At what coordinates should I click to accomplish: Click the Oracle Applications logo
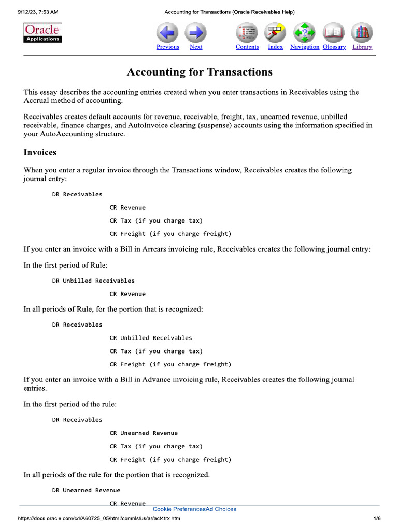tap(43, 33)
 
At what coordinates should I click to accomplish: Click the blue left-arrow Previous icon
tap(167, 33)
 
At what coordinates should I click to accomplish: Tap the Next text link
tap(196, 47)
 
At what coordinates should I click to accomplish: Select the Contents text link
tap(247, 47)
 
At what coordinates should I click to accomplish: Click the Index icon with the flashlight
tap(275, 33)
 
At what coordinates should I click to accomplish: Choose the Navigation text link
tap(305, 47)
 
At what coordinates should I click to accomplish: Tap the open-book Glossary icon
tap(334, 33)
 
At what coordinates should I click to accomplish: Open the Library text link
tap(362, 47)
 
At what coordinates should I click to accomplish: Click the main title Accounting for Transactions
tap(200, 72)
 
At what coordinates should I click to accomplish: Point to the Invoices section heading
tap(40, 152)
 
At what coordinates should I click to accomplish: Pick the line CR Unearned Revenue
tap(144, 433)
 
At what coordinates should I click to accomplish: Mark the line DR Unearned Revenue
tap(86, 490)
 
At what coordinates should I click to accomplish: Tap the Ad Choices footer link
tap(221, 509)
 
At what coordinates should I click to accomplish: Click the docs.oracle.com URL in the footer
tap(99, 519)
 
